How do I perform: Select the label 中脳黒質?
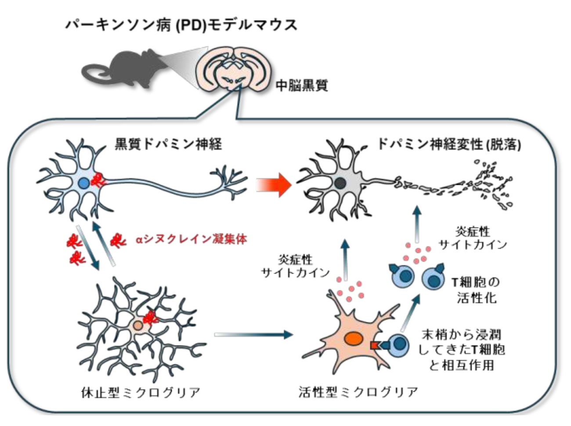click(x=301, y=85)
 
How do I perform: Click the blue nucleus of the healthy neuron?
click(x=83, y=182)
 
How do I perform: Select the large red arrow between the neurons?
click(x=274, y=184)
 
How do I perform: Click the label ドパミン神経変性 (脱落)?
click(x=448, y=144)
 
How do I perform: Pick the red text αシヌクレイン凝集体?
click(x=191, y=239)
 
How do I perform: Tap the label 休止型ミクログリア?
click(x=141, y=392)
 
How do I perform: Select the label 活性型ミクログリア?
click(x=358, y=392)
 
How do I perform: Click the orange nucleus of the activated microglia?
click(x=352, y=338)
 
